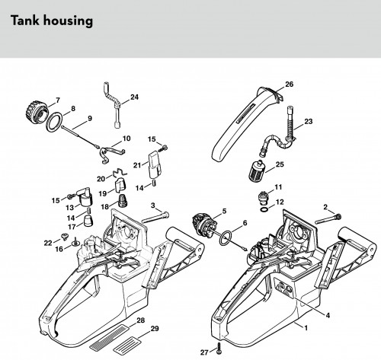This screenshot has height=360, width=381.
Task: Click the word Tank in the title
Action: [x=25, y=21]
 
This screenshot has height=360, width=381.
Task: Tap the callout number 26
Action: [x=289, y=84]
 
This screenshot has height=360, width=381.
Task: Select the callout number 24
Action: [x=134, y=97]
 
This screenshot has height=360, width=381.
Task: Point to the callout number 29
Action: [x=155, y=329]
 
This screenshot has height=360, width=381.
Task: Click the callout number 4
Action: [x=328, y=315]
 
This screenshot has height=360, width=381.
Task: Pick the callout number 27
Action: [x=204, y=352]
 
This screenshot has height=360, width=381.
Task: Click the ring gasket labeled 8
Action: [x=55, y=123]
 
